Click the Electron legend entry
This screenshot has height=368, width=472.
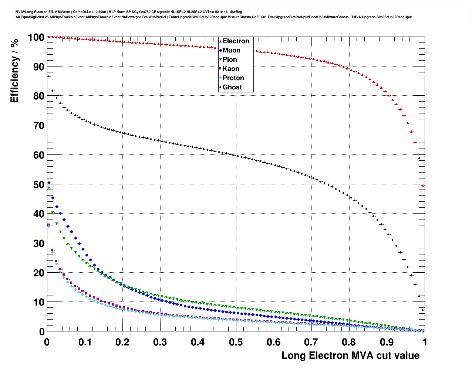pyautogui.click(x=236, y=41)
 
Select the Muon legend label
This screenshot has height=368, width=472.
pyautogui.click(x=231, y=50)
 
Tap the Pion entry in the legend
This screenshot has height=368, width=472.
pyautogui.click(x=230, y=59)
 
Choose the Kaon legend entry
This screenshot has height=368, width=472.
pyautogui.click(x=231, y=69)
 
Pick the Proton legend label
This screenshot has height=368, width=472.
pyautogui.click(x=233, y=78)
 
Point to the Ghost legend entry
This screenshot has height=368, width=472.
pyautogui.click(x=232, y=87)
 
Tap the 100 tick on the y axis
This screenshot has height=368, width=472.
pyautogui.click(x=36, y=37)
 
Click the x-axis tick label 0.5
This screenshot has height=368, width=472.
pyautogui.click(x=236, y=342)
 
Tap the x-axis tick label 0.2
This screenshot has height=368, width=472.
pyautogui.click(x=122, y=342)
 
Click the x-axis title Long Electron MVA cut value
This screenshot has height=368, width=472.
pyautogui.click(x=350, y=355)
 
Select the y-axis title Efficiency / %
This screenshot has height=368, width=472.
pyautogui.click(x=14, y=70)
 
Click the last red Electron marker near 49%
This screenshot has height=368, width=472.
pyautogui.click(x=423, y=186)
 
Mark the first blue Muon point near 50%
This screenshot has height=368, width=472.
pyautogui.click(x=49, y=183)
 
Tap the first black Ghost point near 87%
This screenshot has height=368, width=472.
pyautogui.click(x=49, y=76)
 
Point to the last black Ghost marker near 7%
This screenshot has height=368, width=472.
pyautogui.click(x=423, y=310)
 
